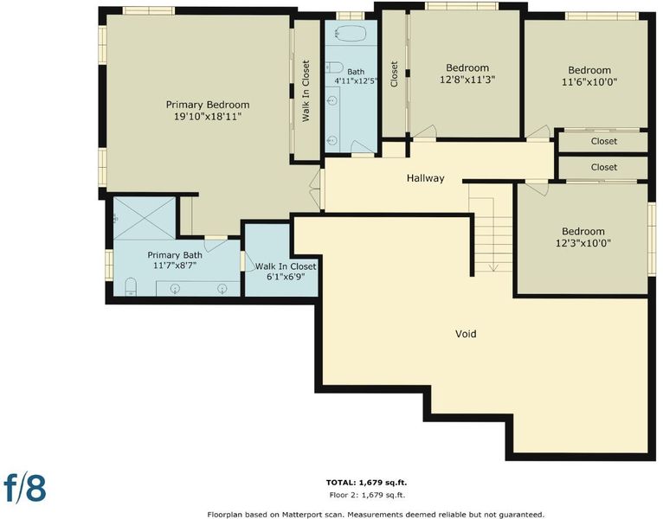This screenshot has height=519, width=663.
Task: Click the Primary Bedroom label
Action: click(208, 105)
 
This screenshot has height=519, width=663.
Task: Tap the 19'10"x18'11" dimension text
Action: click(208, 116)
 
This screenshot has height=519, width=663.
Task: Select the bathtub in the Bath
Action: click(350, 33)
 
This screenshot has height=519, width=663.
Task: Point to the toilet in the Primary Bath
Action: click(131, 286)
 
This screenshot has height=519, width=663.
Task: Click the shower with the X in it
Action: click(145, 218)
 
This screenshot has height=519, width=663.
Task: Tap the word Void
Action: click(466, 334)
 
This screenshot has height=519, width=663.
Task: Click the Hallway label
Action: click(425, 178)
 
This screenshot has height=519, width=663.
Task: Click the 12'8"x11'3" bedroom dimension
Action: click(467, 80)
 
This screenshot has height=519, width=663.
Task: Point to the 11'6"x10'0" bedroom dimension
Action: click(589, 82)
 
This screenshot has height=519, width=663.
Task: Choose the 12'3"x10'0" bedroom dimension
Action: click(583, 243)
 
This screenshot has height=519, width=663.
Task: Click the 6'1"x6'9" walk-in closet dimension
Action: click(286, 278)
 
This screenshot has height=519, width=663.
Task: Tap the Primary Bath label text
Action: click(175, 255)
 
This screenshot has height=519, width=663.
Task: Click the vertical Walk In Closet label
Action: click(306, 91)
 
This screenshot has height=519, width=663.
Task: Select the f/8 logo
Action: click(25, 487)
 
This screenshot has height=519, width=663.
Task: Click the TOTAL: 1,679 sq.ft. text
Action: click(367, 482)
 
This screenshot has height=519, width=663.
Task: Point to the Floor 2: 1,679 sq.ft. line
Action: click(367, 495)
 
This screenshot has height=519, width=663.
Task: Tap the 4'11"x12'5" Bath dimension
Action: click(356, 80)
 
